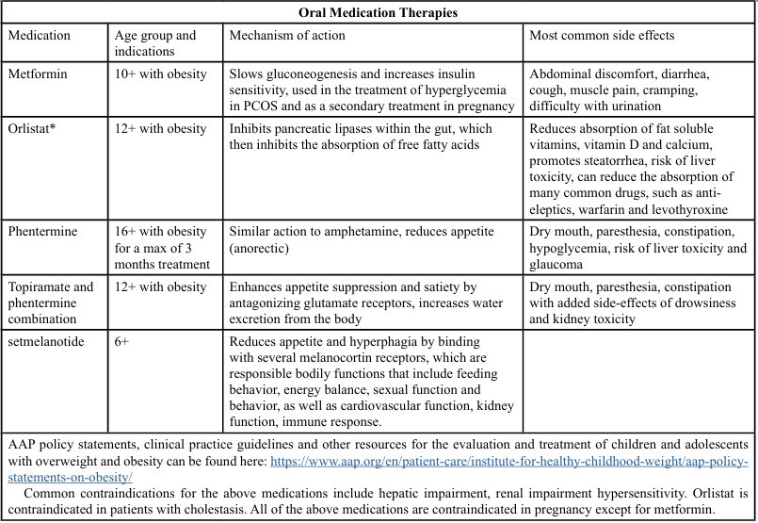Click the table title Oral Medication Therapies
[x=379, y=12]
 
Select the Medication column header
[x=39, y=36]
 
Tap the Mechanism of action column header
[x=287, y=36]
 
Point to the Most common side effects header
[x=602, y=36]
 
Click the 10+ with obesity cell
[x=160, y=74]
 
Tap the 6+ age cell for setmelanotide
[x=121, y=342]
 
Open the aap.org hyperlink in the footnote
[x=508, y=462]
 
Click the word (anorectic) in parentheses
[x=260, y=248]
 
